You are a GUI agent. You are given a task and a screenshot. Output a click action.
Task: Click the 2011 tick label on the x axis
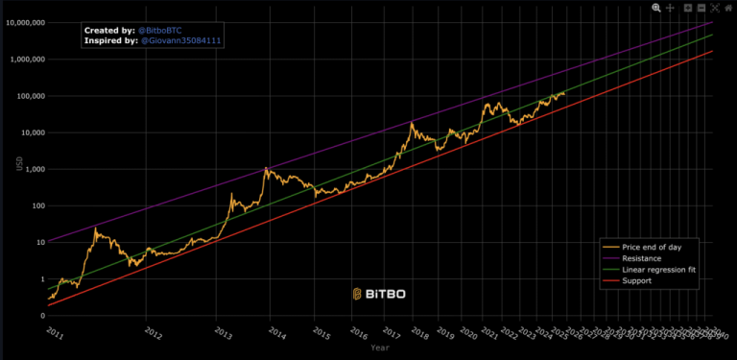click(56, 331)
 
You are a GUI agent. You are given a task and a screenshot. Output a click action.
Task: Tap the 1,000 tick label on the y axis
click(58, 169)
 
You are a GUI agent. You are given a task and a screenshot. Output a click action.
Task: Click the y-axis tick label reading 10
click(63, 242)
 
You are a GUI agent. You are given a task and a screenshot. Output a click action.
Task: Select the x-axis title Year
click(380, 348)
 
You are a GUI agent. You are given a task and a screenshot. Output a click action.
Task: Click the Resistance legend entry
click(643, 259)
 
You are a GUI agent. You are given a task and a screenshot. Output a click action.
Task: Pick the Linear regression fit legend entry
click(658, 270)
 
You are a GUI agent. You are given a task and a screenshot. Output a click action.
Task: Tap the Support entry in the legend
click(637, 281)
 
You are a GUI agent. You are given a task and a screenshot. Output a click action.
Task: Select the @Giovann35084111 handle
click(181, 41)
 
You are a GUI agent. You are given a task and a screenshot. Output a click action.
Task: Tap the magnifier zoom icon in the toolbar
click(656, 7)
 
